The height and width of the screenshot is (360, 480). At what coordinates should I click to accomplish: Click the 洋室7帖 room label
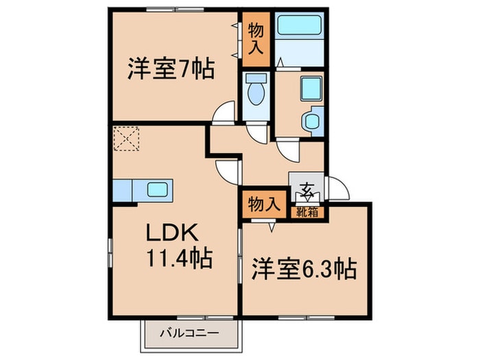[x=170, y=69]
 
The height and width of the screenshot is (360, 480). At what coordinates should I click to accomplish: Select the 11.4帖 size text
[x=178, y=259]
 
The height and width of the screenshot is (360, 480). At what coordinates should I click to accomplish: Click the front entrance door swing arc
[x=338, y=187]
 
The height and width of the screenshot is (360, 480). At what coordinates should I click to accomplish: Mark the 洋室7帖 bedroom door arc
[x=224, y=113]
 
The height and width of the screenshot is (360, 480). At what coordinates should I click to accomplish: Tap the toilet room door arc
[x=256, y=132]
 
